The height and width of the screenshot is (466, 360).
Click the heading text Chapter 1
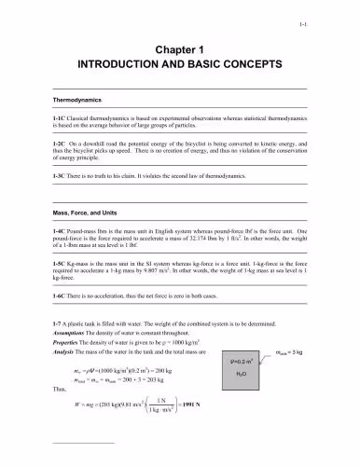tap(180, 49)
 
